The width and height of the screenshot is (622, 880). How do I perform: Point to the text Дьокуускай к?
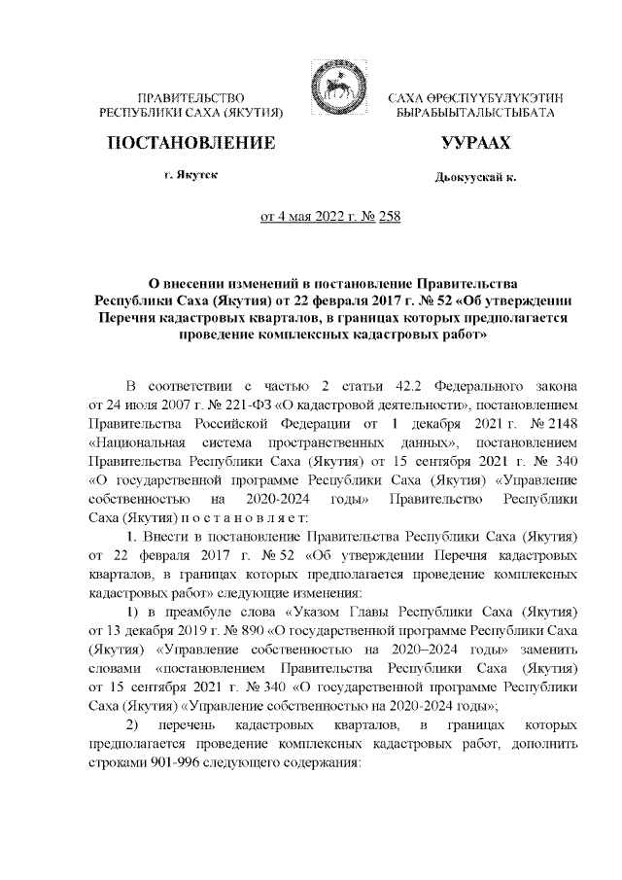(476, 177)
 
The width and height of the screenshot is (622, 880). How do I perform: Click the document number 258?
(387, 216)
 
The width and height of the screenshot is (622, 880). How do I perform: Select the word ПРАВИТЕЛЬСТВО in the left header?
(191, 99)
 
